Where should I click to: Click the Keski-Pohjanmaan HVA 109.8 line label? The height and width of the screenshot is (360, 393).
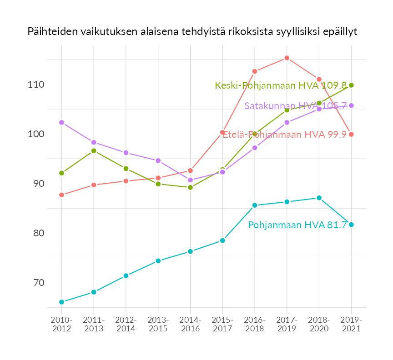tap(281, 85)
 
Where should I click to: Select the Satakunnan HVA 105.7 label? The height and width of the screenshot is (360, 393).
tap(296, 106)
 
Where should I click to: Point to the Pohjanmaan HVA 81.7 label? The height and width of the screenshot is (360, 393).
tap(297, 225)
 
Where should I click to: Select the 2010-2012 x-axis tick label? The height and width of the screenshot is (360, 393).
tap(62, 325)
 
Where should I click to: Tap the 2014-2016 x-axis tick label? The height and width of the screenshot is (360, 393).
tap(191, 325)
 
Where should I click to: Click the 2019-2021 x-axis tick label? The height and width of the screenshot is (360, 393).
tap(351, 325)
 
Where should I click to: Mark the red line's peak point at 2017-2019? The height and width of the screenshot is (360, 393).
tap(287, 58)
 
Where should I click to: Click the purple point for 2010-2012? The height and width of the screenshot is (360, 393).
tap(62, 122)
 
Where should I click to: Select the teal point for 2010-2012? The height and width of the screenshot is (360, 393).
tap(62, 302)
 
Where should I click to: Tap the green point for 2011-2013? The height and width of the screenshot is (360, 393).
tap(94, 150)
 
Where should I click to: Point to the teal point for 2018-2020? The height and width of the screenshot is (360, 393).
tap(319, 198)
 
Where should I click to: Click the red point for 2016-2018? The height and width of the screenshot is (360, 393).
tap(255, 71)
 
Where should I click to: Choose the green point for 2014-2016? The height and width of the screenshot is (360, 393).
tap(191, 187)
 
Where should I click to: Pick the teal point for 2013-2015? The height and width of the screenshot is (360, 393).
tap(158, 261)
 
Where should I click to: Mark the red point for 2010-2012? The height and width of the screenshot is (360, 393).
tap(62, 195)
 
